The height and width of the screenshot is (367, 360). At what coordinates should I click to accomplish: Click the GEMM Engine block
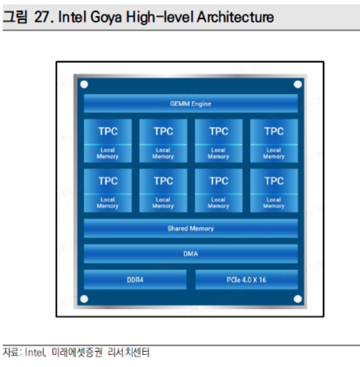pos(190,104)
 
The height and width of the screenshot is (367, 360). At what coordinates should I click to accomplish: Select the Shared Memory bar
pos(190,229)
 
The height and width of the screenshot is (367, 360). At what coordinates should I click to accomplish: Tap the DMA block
pos(190,254)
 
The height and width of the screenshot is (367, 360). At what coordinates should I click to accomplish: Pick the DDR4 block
pos(135,280)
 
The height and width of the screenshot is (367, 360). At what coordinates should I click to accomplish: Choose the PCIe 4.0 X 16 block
pos(246,280)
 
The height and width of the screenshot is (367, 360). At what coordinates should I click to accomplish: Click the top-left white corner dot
pos(84,84)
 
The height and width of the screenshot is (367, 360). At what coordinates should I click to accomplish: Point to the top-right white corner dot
pos(297,84)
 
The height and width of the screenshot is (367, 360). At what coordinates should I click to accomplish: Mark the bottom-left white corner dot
pos(84,299)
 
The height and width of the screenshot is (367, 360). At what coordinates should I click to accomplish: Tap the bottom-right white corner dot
pos(297,299)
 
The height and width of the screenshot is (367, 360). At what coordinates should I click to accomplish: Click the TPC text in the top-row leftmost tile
pos(108,131)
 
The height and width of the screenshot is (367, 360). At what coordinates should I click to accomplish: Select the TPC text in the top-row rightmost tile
pos(274,131)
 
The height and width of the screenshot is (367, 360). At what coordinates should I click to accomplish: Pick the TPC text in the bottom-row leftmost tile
pos(108,181)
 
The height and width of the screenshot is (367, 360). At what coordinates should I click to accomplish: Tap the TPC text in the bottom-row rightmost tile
pos(274,181)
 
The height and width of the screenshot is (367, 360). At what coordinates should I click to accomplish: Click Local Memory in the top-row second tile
pos(163,153)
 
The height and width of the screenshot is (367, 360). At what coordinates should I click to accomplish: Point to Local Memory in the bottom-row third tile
pos(218,203)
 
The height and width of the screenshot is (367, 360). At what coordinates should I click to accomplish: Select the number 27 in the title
pos(43,17)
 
